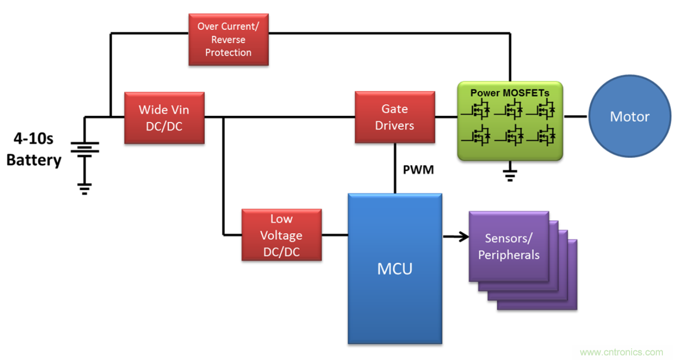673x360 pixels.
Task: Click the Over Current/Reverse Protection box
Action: pyautogui.click(x=228, y=39)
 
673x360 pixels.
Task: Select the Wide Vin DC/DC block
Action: pyautogui.click(x=164, y=117)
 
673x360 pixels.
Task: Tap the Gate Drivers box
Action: pyautogui.click(x=395, y=117)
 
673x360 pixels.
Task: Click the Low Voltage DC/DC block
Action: pyautogui.click(x=282, y=235)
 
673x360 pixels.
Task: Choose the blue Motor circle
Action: pyautogui.click(x=629, y=117)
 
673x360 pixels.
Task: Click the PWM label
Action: pyautogui.click(x=418, y=170)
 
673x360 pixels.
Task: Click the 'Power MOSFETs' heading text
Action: pyautogui.click(x=510, y=93)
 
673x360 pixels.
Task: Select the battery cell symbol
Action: pyautogui.click(x=84, y=148)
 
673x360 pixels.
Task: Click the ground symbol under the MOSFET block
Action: pyautogui.click(x=510, y=175)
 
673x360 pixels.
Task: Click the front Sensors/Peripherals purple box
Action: pyautogui.click(x=508, y=246)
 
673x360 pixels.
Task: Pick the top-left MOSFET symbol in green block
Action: pyautogui.click(x=479, y=109)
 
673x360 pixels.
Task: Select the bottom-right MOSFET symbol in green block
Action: pyautogui.click(x=544, y=135)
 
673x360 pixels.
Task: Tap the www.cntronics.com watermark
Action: pyautogui.click(x=621, y=352)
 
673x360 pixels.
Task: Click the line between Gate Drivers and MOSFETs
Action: pyautogui.click(x=446, y=117)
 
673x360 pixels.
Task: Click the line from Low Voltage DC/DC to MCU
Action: pyautogui.click(x=334, y=235)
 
